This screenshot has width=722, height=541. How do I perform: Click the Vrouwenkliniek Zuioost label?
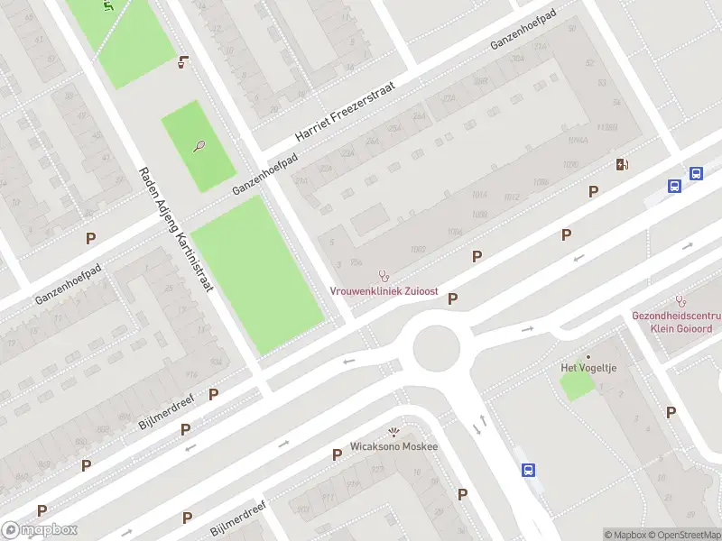pos(384,291)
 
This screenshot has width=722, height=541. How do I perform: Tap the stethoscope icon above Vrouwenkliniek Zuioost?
pos(384,275)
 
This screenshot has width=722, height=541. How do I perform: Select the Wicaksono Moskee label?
pos(393,447)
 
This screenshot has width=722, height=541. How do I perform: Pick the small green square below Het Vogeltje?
pos(578,385)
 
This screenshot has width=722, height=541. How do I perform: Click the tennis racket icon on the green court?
pos(199,146)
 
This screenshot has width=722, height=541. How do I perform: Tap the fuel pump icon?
pos(622,164)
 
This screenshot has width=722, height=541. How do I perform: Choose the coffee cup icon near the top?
pos(183,62)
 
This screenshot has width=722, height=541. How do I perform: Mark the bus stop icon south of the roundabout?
pos(528,470)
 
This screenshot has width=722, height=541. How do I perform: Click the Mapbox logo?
pos(40,530)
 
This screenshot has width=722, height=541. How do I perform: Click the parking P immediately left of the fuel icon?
pos(593,191)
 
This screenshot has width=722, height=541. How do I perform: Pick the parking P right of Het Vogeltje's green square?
pos(671,412)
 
